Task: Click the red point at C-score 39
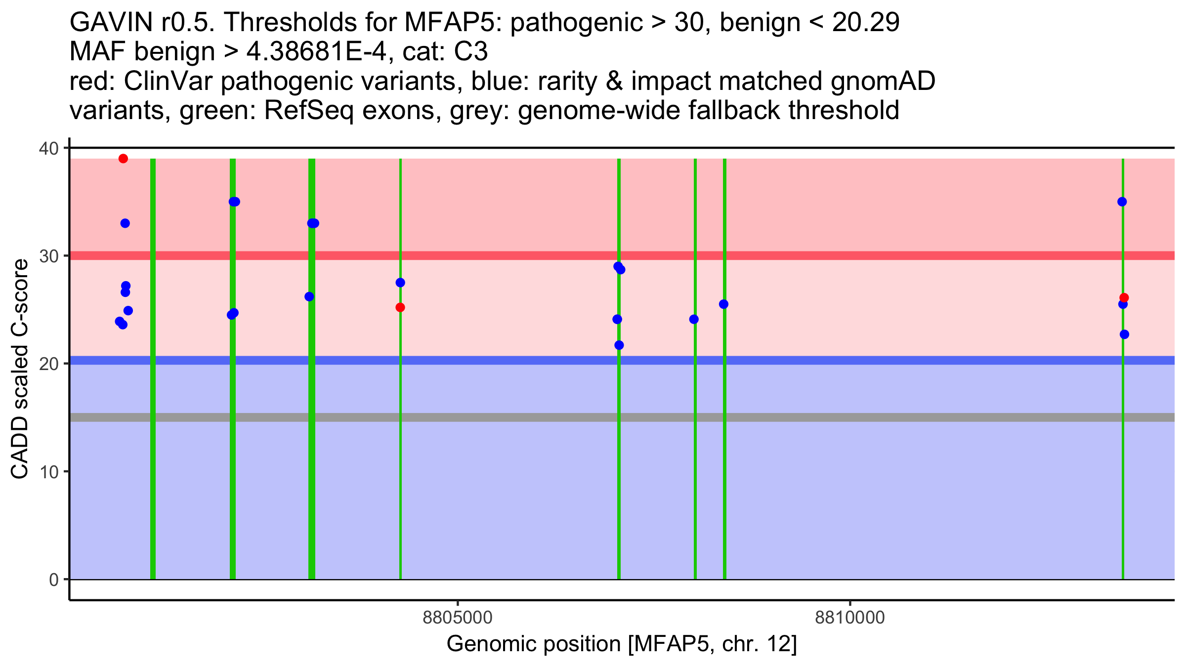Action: tap(123, 159)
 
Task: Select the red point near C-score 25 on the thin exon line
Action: tap(400, 307)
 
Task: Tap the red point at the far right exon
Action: tap(1124, 297)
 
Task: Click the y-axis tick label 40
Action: tap(49, 148)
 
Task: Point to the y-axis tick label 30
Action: tap(49, 256)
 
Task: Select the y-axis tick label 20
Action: tap(49, 364)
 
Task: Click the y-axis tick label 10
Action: tap(49, 471)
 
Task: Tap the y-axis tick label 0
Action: tap(53, 580)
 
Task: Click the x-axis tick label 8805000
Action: tap(458, 618)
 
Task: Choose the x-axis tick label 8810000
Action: tap(849, 618)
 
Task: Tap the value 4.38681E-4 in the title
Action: tap(316, 52)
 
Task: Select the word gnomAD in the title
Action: tap(883, 81)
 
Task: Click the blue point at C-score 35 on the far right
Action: tap(1122, 202)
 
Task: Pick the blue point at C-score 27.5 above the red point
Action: tap(400, 283)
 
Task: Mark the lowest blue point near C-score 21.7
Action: tap(619, 345)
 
